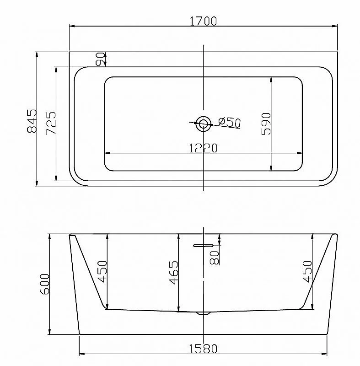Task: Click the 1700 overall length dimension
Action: point(203,21)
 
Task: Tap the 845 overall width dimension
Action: point(32,121)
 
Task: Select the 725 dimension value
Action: point(51,123)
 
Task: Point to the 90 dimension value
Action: point(100,59)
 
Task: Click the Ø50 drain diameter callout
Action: point(230,122)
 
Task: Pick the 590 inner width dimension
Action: point(266,124)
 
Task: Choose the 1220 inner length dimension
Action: point(203,148)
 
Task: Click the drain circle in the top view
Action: point(203,124)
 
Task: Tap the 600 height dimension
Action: point(45,284)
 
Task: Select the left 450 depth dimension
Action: point(102,271)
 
